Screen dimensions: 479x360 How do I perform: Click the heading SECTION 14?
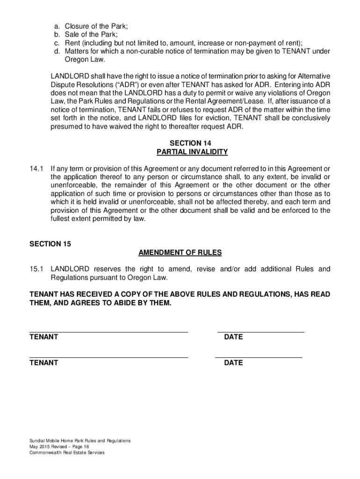[x=192, y=143]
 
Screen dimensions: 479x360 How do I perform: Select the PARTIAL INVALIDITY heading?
[x=192, y=152]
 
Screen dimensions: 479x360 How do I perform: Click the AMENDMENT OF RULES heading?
[x=180, y=253]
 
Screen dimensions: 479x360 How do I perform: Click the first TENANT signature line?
[x=108, y=332]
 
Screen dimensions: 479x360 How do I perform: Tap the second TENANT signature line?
[x=108, y=357]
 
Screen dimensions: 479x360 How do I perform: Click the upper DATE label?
[x=233, y=337]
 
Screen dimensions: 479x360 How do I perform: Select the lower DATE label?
[x=233, y=363]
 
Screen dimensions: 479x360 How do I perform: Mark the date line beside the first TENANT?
[x=260, y=332]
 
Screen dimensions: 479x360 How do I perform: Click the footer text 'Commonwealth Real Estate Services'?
[x=67, y=452]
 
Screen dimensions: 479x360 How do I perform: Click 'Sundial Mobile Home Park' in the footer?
[x=56, y=441]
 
